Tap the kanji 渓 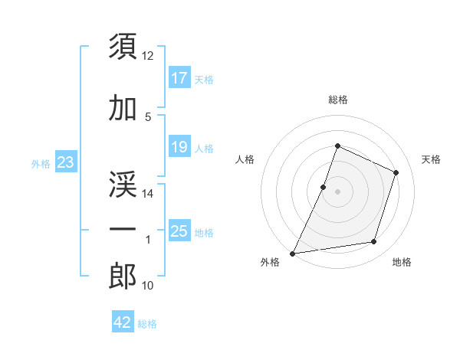point(123,182)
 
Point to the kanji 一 point(123,229)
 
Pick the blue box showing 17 point(179,78)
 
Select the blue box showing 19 point(179,147)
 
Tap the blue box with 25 point(179,231)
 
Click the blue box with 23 point(65,162)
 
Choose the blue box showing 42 point(123,322)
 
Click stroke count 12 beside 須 point(148,56)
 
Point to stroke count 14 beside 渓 point(148,195)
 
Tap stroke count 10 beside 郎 point(148,286)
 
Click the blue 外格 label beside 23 point(41,163)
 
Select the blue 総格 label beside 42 point(147,324)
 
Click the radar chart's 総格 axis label point(337,100)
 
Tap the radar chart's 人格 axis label point(245,159)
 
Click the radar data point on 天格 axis point(396,172)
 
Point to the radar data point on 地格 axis point(374,242)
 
